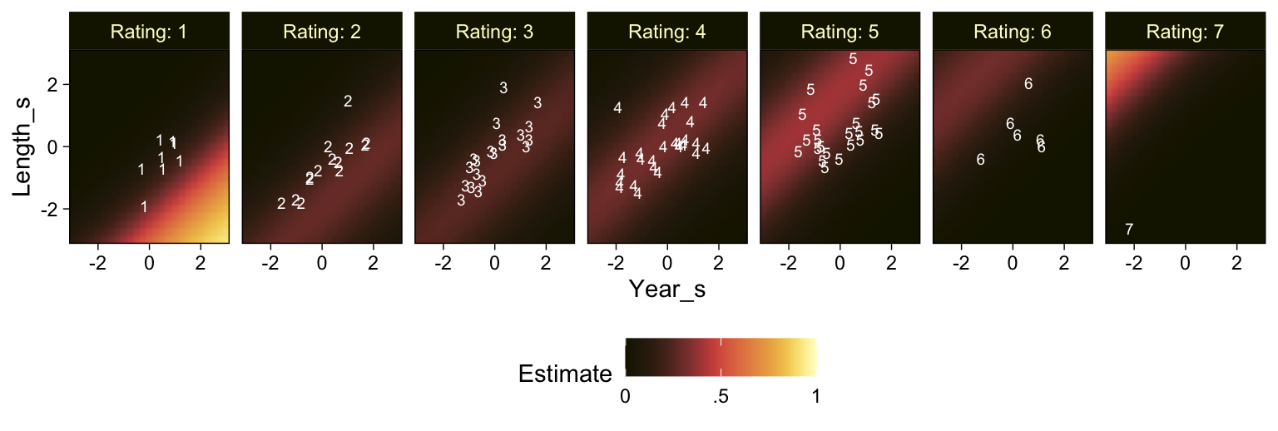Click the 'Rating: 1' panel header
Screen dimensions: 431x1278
pyautogui.click(x=150, y=32)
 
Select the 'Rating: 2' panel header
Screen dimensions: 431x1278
pyautogui.click(x=322, y=32)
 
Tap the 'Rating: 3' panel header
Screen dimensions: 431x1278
pyautogui.click(x=495, y=32)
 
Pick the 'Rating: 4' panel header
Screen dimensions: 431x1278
pyautogui.click(x=667, y=32)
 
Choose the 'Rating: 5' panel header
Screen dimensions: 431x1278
pyautogui.click(x=840, y=32)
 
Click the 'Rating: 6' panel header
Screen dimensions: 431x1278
pyautogui.click(x=1013, y=32)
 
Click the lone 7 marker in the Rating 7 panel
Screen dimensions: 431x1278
pyautogui.click(x=1129, y=230)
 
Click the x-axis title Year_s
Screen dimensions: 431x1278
pyautogui.click(x=667, y=289)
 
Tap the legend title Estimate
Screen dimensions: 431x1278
pyautogui.click(x=565, y=374)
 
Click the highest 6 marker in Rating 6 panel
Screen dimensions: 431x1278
pyautogui.click(x=1028, y=84)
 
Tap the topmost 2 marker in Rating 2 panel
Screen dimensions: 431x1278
pyautogui.click(x=348, y=102)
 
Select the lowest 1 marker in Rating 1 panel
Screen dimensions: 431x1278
pyautogui.click(x=144, y=207)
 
